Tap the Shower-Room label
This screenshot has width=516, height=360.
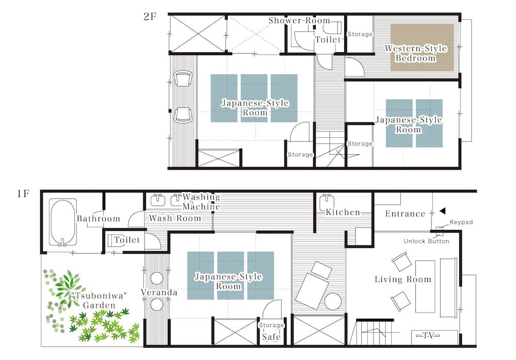(299, 21)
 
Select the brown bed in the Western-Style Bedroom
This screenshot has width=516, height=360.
(422, 48)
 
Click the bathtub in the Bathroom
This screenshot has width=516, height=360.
(63, 222)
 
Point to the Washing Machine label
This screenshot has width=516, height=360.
(201, 202)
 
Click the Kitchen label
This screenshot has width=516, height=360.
(343, 212)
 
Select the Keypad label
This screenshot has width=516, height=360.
(461, 222)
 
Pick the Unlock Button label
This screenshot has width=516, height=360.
(426, 241)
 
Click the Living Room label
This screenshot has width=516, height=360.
(402, 279)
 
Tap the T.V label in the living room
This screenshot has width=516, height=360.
(426, 336)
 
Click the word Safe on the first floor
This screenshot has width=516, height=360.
(271, 337)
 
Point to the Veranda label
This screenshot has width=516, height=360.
(159, 293)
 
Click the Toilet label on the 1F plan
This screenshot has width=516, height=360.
(127, 240)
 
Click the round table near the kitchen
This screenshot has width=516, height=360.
(333, 301)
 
